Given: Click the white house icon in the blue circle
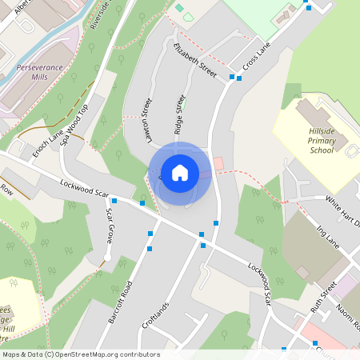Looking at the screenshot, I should [x=180, y=173].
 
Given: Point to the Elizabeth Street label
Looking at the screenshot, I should [x=195, y=61].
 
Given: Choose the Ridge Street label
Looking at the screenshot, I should [x=180, y=114].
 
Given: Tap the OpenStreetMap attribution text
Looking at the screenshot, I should [x=80, y=354].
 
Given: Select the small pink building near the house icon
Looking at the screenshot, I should [x=218, y=162].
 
